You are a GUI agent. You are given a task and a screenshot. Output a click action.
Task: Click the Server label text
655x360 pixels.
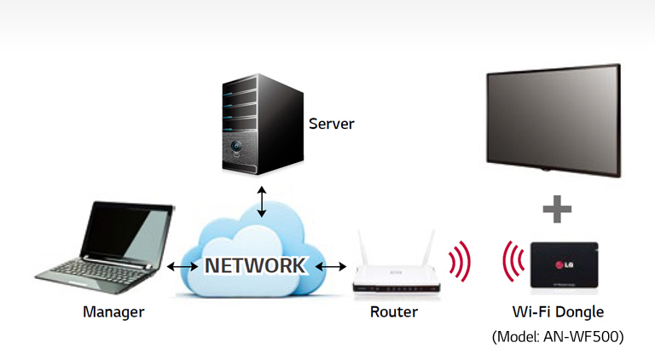click(331, 124)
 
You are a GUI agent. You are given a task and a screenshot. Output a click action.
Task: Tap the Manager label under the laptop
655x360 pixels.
click(113, 312)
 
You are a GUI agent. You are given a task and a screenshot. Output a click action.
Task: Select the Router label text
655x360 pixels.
click(394, 312)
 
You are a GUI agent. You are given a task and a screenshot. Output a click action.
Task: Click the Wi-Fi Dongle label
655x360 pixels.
click(558, 312)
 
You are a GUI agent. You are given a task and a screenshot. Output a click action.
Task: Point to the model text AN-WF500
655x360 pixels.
click(558, 337)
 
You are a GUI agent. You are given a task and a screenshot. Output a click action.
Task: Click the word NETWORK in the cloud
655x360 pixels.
click(253, 265)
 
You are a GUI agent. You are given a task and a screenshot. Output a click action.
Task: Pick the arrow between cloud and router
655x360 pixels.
click(331, 266)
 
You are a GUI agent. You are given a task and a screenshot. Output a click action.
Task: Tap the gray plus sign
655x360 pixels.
click(556, 208)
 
